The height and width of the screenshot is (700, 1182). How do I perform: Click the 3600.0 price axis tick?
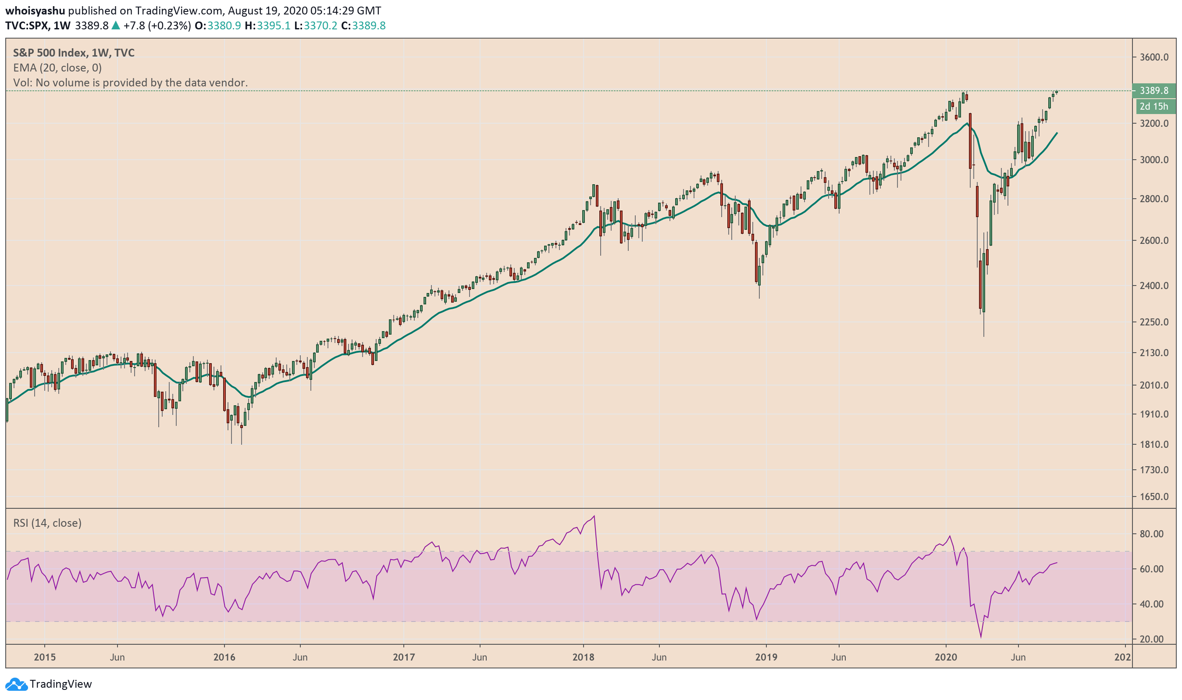pyautogui.click(x=1154, y=57)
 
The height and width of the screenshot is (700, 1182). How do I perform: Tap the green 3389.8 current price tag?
pyautogui.click(x=1154, y=90)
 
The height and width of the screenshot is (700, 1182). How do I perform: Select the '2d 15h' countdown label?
pyautogui.click(x=1153, y=107)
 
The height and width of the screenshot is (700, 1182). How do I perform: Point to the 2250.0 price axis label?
pyautogui.click(x=1154, y=322)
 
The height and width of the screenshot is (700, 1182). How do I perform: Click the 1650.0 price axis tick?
pyautogui.click(x=1154, y=496)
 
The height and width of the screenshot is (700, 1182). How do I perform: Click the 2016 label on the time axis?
pyautogui.click(x=224, y=657)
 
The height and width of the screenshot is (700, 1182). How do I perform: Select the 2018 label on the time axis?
pyautogui.click(x=583, y=657)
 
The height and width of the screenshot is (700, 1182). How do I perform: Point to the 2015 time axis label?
pyautogui.click(x=45, y=657)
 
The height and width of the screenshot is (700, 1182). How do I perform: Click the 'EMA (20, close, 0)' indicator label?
pyautogui.click(x=57, y=68)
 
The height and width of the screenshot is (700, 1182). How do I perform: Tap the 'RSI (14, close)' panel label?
pyautogui.click(x=47, y=523)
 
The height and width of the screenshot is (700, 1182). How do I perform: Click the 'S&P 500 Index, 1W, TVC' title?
pyautogui.click(x=74, y=53)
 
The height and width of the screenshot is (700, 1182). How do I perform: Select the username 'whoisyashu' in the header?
pyautogui.click(x=35, y=11)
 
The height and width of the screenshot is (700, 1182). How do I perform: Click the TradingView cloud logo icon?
pyautogui.click(x=16, y=684)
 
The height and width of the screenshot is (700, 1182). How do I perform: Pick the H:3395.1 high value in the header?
pyautogui.click(x=267, y=25)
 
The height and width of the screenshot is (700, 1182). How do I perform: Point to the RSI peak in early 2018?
pyautogui.click(x=594, y=516)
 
